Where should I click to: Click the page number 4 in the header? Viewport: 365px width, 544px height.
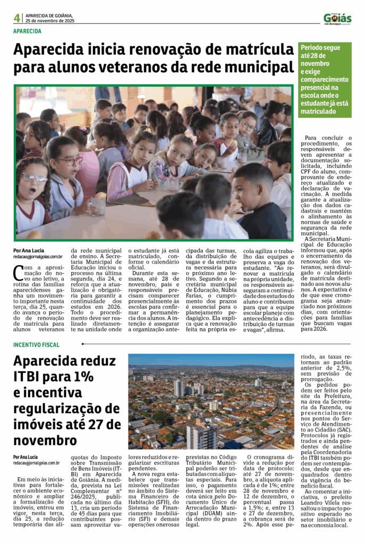click(17, 18)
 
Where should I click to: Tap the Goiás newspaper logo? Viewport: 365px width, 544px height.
click(337, 18)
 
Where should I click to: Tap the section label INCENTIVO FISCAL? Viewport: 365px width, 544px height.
click(36, 345)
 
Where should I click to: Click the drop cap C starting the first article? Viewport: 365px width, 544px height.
click(18, 272)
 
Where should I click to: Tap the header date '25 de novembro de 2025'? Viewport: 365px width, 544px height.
click(50, 21)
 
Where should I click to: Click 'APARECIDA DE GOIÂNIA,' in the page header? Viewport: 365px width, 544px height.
click(49, 15)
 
